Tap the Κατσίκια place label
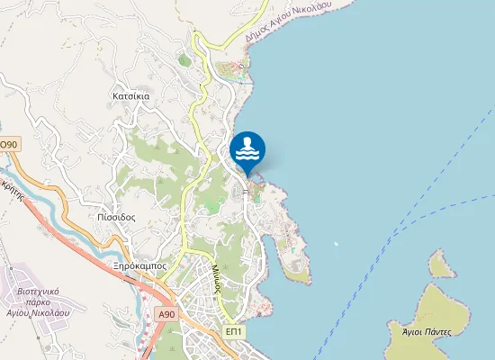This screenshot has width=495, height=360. (130, 94)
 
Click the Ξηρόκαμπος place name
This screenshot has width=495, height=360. (140, 266)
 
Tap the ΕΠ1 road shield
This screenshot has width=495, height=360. (234, 332)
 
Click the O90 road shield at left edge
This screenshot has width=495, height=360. (8, 144)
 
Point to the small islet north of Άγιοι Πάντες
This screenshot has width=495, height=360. (440, 265)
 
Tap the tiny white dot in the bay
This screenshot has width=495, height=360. (336, 243)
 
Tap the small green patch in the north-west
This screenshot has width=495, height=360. (184, 60)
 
